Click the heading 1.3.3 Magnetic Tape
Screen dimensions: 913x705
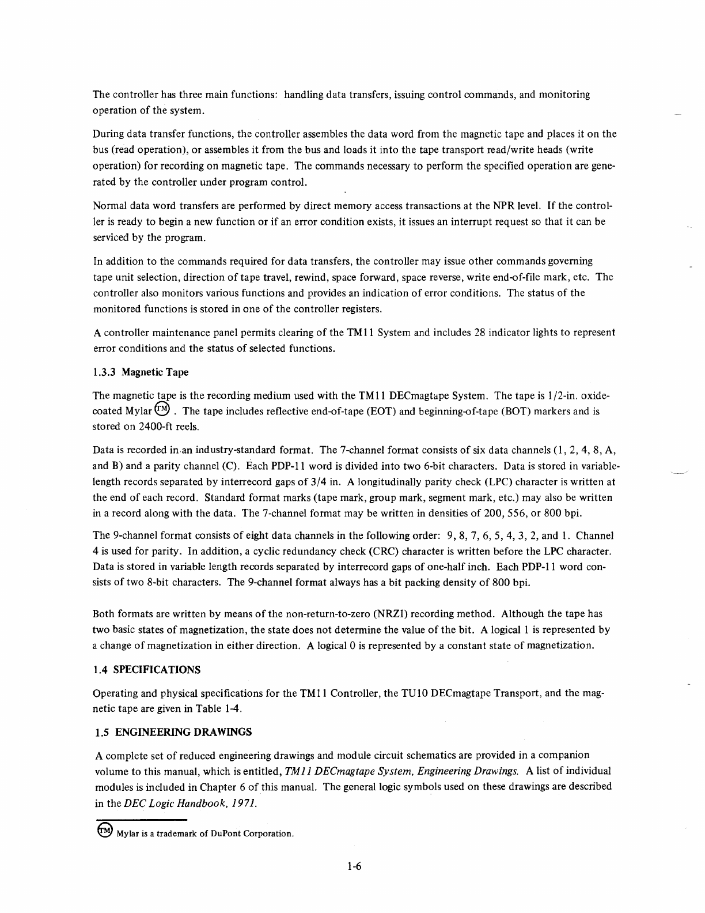tap(141, 372)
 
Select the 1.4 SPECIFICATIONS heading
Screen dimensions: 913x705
tap(147, 670)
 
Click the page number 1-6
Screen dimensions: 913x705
tap(353, 866)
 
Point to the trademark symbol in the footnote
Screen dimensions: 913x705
tap(104, 831)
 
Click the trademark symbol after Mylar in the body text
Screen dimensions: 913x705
tap(164, 410)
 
